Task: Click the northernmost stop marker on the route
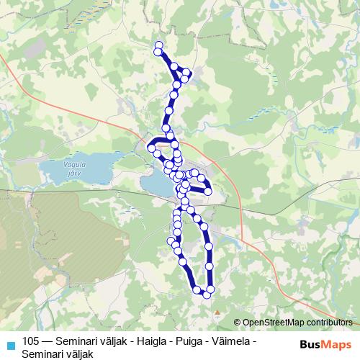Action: [159, 46]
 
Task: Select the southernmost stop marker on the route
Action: [207, 294]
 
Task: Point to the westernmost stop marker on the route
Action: [151, 148]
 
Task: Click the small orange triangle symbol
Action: [217, 312]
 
